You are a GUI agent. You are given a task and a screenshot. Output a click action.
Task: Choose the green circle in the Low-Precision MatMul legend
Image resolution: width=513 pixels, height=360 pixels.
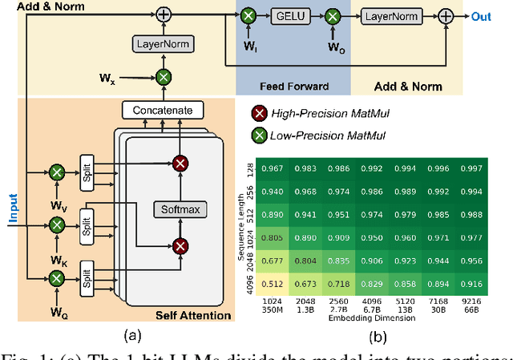pos(260,134)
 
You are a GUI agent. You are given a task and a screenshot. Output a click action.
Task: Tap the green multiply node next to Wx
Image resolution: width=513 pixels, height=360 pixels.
pos(164,78)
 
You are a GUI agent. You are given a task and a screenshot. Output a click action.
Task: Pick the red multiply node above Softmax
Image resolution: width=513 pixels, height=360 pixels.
pos(181,164)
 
